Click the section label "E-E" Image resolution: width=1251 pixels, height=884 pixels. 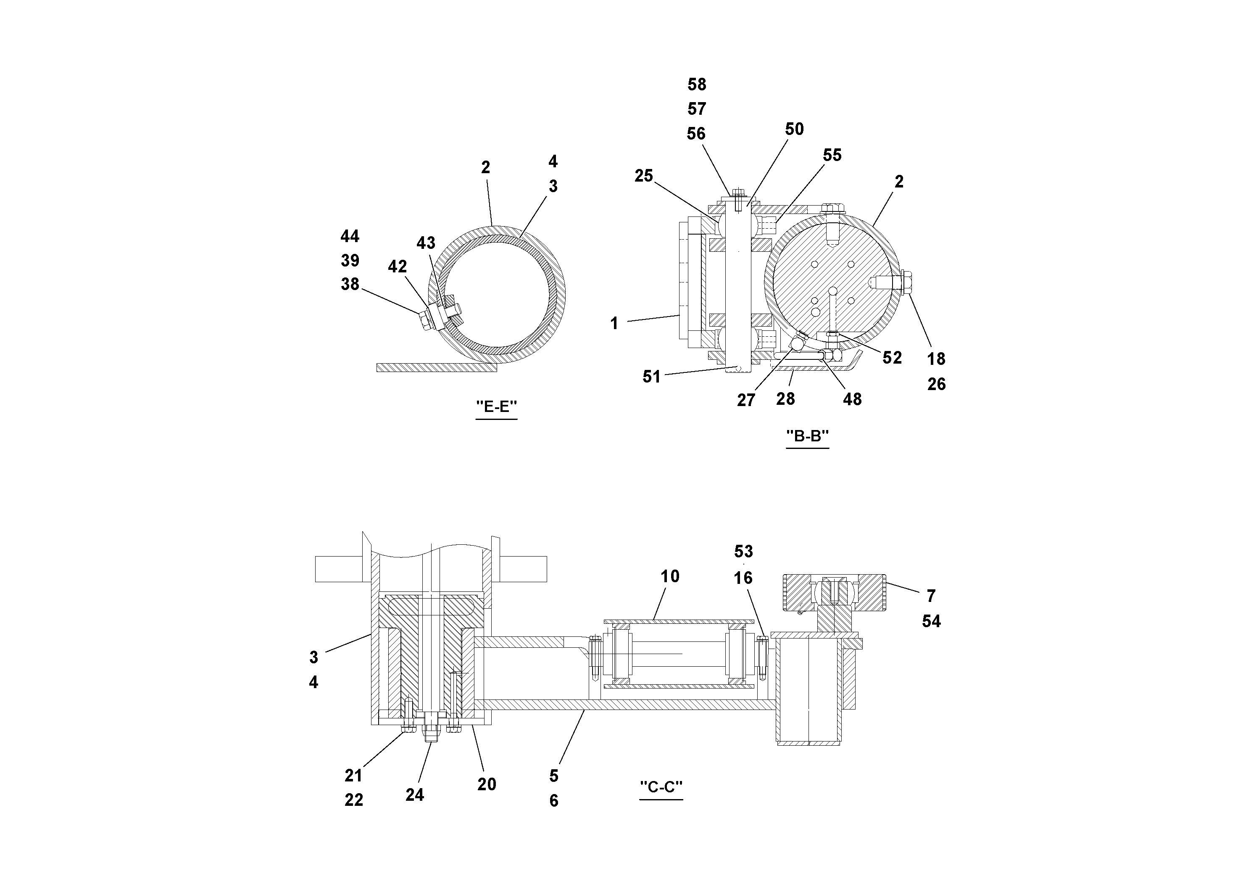click(x=496, y=406)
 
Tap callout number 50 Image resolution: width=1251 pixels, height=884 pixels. click(x=794, y=129)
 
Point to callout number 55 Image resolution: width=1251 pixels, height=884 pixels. click(x=832, y=156)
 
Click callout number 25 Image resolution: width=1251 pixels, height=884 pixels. click(x=643, y=176)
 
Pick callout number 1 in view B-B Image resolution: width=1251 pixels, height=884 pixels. click(x=614, y=324)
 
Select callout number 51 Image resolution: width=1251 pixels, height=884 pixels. click(x=651, y=377)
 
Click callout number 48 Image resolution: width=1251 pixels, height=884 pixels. click(x=852, y=399)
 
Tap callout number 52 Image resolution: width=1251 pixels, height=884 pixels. click(x=892, y=358)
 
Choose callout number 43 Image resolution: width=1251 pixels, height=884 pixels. click(x=426, y=243)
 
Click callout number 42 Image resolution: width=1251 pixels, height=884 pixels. click(x=397, y=267)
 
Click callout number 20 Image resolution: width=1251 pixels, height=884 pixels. click(x=486, y=784)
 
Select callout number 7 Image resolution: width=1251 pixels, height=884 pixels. click(x=931, y=596)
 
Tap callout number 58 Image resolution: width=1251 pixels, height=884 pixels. click(x=696, y=84)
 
